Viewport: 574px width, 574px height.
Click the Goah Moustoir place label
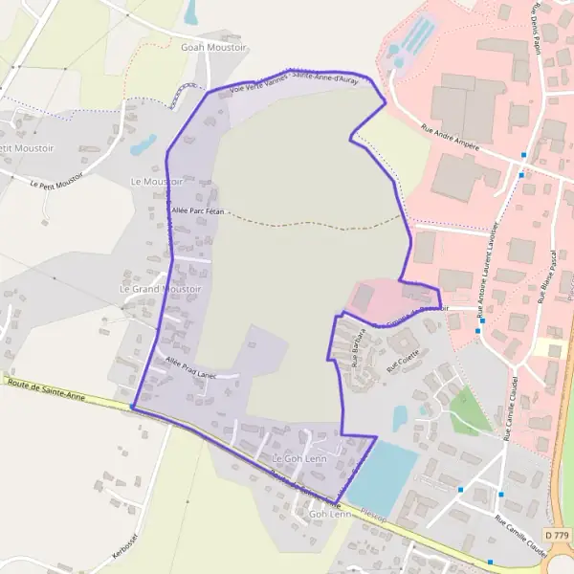coord(213,46)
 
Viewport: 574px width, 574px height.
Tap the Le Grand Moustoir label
coord(160,288)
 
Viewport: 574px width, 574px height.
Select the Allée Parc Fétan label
coord(196,210)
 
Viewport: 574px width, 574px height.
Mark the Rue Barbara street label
coord(360,352)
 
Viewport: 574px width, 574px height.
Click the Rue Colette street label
coord(396,360)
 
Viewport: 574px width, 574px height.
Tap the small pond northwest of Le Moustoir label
coord(144,144)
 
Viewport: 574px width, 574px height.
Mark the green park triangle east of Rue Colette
coord(469,410)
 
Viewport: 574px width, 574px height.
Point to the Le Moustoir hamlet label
coord(156,181)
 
